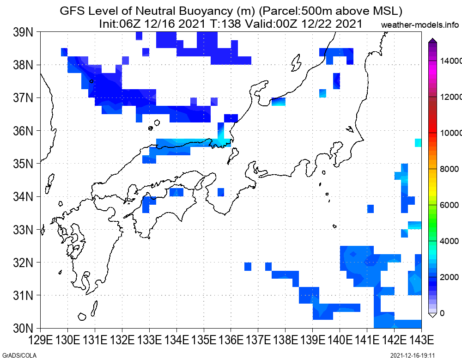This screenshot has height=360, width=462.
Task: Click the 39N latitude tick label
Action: [23, 32]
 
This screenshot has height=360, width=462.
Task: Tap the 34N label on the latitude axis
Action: [23, 196]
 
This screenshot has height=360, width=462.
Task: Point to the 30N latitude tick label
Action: [23, 328]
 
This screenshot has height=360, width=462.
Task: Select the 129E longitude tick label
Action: [41, 340]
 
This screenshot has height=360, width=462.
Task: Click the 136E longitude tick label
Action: [231, 340]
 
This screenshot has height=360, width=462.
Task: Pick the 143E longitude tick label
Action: [421, 340]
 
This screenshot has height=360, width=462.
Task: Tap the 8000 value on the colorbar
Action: [450, 169]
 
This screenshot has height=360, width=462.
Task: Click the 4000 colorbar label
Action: [450, 241]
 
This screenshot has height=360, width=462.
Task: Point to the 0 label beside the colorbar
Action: [442, 313]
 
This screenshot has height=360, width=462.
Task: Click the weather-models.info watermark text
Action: [420, 25]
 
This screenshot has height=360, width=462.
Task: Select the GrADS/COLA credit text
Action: [19, 355]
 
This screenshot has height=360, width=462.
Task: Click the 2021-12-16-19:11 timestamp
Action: [413, 355]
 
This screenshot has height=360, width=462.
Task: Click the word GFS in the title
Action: [72, 11]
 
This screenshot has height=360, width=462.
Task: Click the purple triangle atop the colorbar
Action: [432, 40]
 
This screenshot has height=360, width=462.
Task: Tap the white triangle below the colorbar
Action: [432, 315]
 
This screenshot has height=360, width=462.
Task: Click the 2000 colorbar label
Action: [450, 277]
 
